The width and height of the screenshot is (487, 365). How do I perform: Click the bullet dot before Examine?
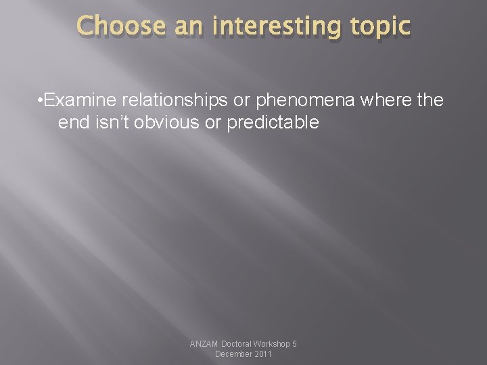pyautogui.click(x=42, y=101)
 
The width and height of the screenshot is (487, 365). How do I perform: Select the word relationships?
pyautogui.click(x=172, y=101)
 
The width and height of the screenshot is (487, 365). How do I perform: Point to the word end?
pyautogui.click(x=73, y=122)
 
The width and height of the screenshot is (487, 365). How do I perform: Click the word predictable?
pyautogui.click(x=274, y=122)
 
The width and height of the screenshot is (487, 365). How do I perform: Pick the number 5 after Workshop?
pyautogui.click(x=294, y=344)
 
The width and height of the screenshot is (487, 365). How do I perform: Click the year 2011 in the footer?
pyautogui.click(x=262, y=354)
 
